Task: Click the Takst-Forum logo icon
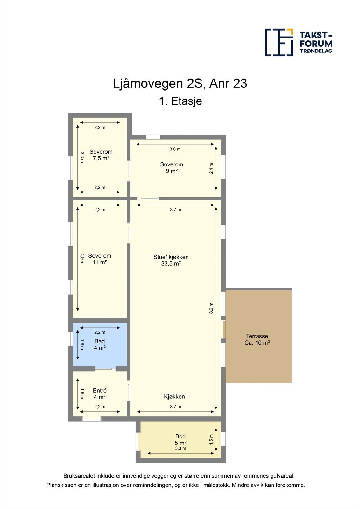click(279, 42)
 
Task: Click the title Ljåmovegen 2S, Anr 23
click(180, 84)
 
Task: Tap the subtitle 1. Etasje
click(180, 101)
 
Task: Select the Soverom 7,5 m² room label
click(101, 155)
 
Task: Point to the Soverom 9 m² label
click(172, 168)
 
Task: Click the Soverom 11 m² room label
click(100, 259)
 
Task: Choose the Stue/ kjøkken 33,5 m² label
click(171, 260)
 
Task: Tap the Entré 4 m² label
click(100, 394)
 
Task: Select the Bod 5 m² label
click(180, 440)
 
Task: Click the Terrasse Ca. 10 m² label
click(257, 339)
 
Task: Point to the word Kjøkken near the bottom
click(174, 396)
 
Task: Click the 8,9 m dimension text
click(211, 309)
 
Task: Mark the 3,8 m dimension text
click(175, 149)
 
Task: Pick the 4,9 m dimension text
click(82, 259)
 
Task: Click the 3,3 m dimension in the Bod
click(180, 448)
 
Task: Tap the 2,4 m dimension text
click(211, 168)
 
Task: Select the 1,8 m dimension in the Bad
click(82, 345)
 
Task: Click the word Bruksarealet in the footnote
click(77, 476)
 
